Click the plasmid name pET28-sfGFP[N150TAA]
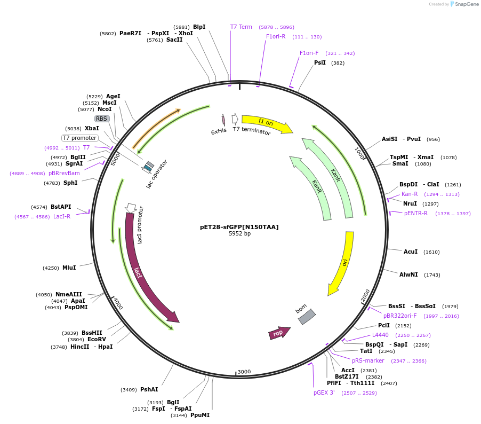pos(239,227)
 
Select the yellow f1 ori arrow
pos(267,124)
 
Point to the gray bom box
pos(307,317)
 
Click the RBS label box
pos(102,119)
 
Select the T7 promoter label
pos(79,138)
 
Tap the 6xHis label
pos(219,131)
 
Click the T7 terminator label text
pos(252,131)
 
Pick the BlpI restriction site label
pos(199,27)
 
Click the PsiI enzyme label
pos(320,62)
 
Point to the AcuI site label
pos(411,252)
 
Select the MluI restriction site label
pos(69,268)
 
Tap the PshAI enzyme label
pos(149,389)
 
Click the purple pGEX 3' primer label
pos(324,392)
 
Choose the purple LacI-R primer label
pos(62,216)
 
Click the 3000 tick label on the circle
pos(244,372)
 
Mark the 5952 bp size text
pos(239,234)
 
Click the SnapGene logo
pos(463,4)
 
